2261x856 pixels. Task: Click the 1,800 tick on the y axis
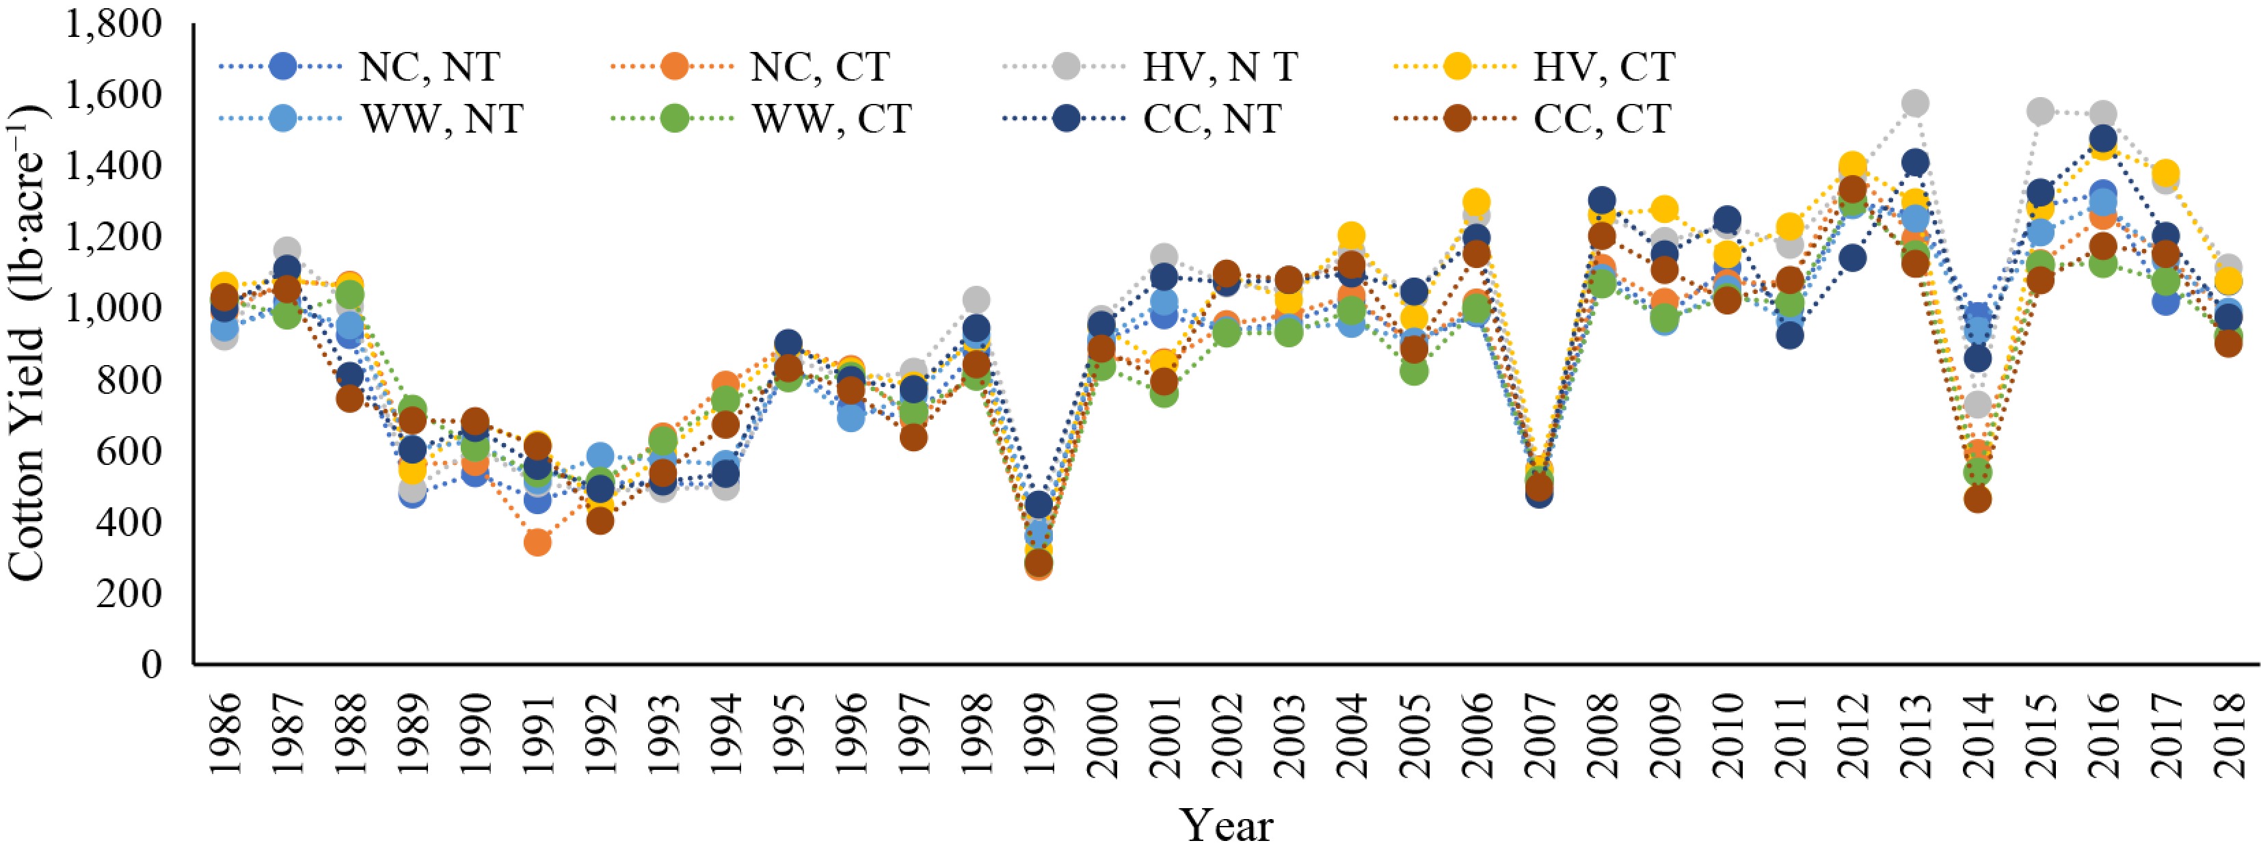(114, 25)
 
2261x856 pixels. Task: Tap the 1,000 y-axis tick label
(114, 309)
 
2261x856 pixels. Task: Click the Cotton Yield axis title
(28, 343)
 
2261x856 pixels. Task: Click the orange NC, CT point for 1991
(538, 543)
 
